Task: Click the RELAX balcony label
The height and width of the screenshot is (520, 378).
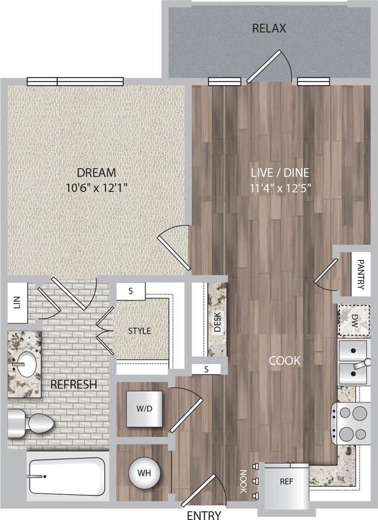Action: tap(269, 28)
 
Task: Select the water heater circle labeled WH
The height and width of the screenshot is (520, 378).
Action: tap(144, 474)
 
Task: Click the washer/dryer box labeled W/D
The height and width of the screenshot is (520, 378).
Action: tap(143, 409)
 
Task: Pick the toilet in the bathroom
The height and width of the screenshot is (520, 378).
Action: tap(32, 424)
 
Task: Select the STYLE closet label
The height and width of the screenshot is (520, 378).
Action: tap(139, 331)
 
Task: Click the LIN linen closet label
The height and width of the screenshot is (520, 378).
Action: tap(16, 303)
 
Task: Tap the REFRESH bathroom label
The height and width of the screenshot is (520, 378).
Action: tap(73, 384)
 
